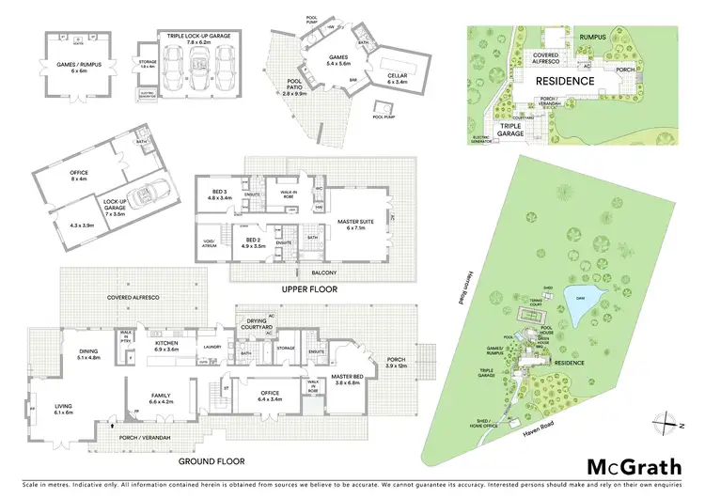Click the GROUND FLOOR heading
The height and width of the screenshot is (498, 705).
tap(213, 461)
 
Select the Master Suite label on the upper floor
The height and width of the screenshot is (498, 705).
tap(344, 224)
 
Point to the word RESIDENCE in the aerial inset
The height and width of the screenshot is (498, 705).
tap(565, 82)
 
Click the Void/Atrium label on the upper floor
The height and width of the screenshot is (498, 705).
tap(211, 243)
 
